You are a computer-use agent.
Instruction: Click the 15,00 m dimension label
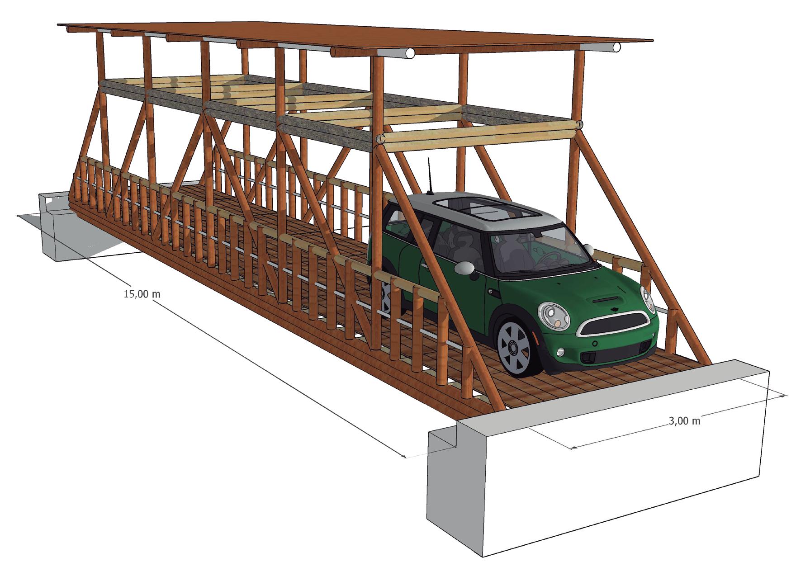(142, 294)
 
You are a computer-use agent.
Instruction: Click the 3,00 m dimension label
(684, 421)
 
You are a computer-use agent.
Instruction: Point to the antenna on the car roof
(429, 176)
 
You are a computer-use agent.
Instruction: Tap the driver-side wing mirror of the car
(464, 269)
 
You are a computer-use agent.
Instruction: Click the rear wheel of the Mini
(385, 296)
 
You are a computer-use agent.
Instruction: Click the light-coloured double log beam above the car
(475, 136)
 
